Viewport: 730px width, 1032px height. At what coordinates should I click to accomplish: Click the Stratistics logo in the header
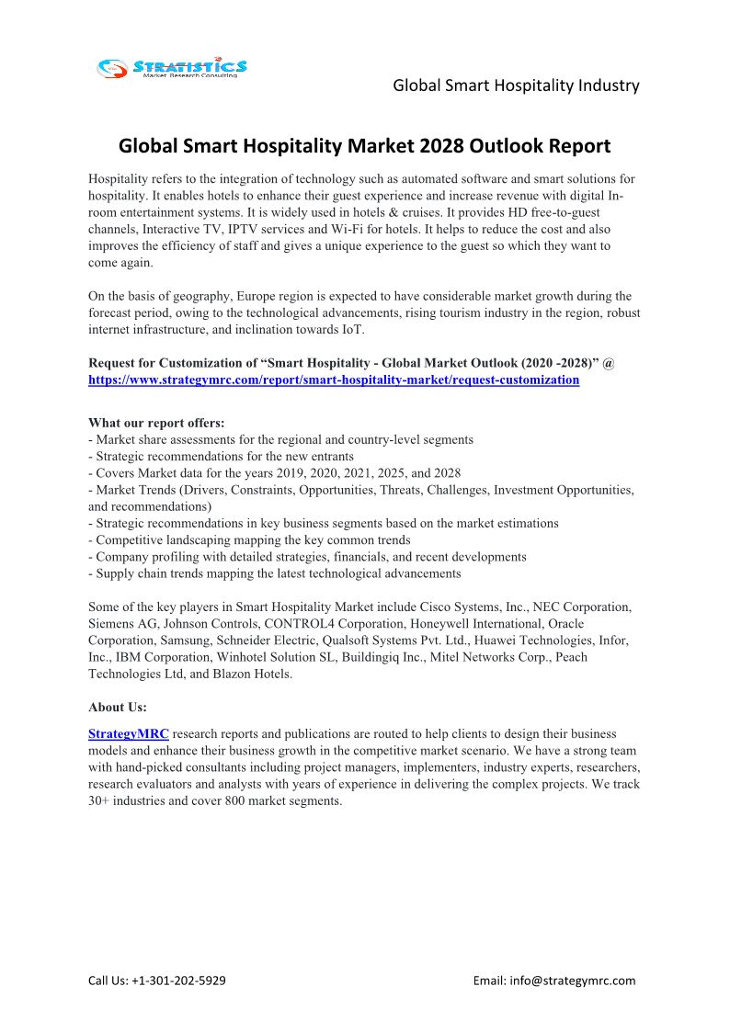pyautogui.click(x=173, y=67)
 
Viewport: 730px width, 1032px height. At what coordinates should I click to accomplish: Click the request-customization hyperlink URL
pyautogui.click(x=334, y=380)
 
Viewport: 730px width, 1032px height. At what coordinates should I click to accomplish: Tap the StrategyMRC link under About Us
pyautogui.click(x=128, y=734)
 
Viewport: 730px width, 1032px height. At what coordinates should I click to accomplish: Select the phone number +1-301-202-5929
pyautogui.click(x=180, y=981)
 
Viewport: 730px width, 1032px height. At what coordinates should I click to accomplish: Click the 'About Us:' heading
pyautogui.click(x=118, y=707)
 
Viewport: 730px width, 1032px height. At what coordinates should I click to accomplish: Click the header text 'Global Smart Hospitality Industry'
pyautogui.click(x=516, y=85)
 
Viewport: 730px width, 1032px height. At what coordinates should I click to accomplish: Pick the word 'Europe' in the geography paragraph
pyautogui.click(x=254, y=296)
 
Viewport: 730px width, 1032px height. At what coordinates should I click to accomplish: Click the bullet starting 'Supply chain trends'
pyautogui.click(x=275, y=573)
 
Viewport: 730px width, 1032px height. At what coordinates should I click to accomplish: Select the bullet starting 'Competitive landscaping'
pyautogui.click(x=249, y=540)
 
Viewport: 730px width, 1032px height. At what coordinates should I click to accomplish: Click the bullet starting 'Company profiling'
pyautogui.click(x=307, y=557)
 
